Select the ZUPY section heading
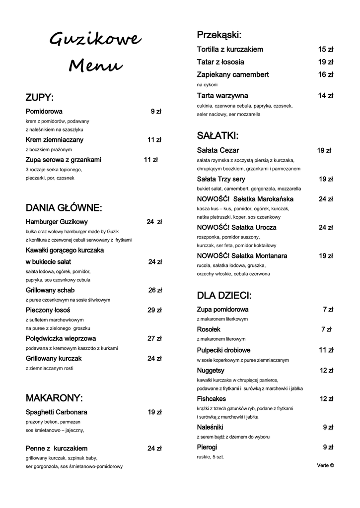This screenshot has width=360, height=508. [x=40, y=97]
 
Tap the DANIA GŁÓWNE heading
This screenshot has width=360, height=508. [x=64, y=207]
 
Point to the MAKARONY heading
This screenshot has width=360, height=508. [x=54, y=398]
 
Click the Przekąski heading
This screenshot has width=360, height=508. [x=219, y=35]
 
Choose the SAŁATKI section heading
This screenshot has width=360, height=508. [x=217, y=135]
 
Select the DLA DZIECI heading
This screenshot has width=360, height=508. [x=224, y=296]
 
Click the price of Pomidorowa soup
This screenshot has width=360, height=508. [x=156, y=112]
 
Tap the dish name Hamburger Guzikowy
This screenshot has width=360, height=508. [x=57, y=222]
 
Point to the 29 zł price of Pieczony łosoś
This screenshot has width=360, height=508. [x=154, y=310]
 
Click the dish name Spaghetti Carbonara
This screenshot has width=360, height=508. [x=57, y=412]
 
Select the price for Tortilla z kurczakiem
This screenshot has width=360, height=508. [x=326, y=50]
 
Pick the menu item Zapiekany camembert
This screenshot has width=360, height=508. [x=233, y=74]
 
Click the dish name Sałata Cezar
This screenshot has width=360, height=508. [x=218, y=150]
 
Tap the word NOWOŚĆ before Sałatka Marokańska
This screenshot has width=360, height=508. [x=213, y=199]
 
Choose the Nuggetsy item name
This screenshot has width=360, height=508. [x=211, y=370]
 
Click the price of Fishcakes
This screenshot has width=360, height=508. [x=326, y=399]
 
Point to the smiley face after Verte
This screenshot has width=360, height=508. [x=332, y=465]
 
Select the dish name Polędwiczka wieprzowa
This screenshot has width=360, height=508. [x=61, y=338]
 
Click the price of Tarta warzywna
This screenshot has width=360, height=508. [x=326, y=96]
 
